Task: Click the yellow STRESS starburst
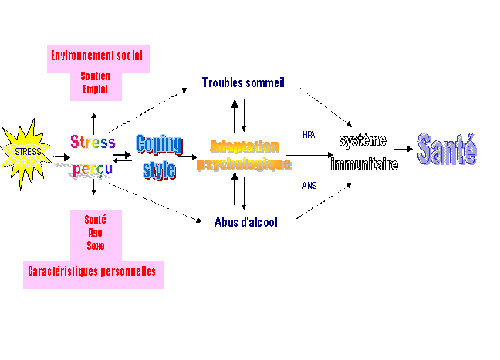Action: click(28, 152)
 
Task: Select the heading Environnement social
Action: click(96, 56)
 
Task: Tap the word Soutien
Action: click(95, 76)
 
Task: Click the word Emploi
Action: click(95, 89)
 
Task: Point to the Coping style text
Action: click(159, 156)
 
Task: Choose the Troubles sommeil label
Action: click(243, 82)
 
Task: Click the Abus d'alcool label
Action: click(245, 221)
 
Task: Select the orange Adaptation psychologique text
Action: click(244, 155)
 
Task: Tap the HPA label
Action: click(309, 134)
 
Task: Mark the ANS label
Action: click(309, 185)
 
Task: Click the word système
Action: click(363, 142)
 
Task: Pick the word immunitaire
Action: click(364, 164)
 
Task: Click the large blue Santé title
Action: click(447, 150)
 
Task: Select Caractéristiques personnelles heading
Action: click(93, 271)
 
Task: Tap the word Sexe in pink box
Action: click(94, 247)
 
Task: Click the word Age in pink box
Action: click(94, 234)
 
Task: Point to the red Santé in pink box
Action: click(94, 220)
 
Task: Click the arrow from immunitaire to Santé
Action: click(404, 150)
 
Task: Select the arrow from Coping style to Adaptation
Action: click(187, 156)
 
